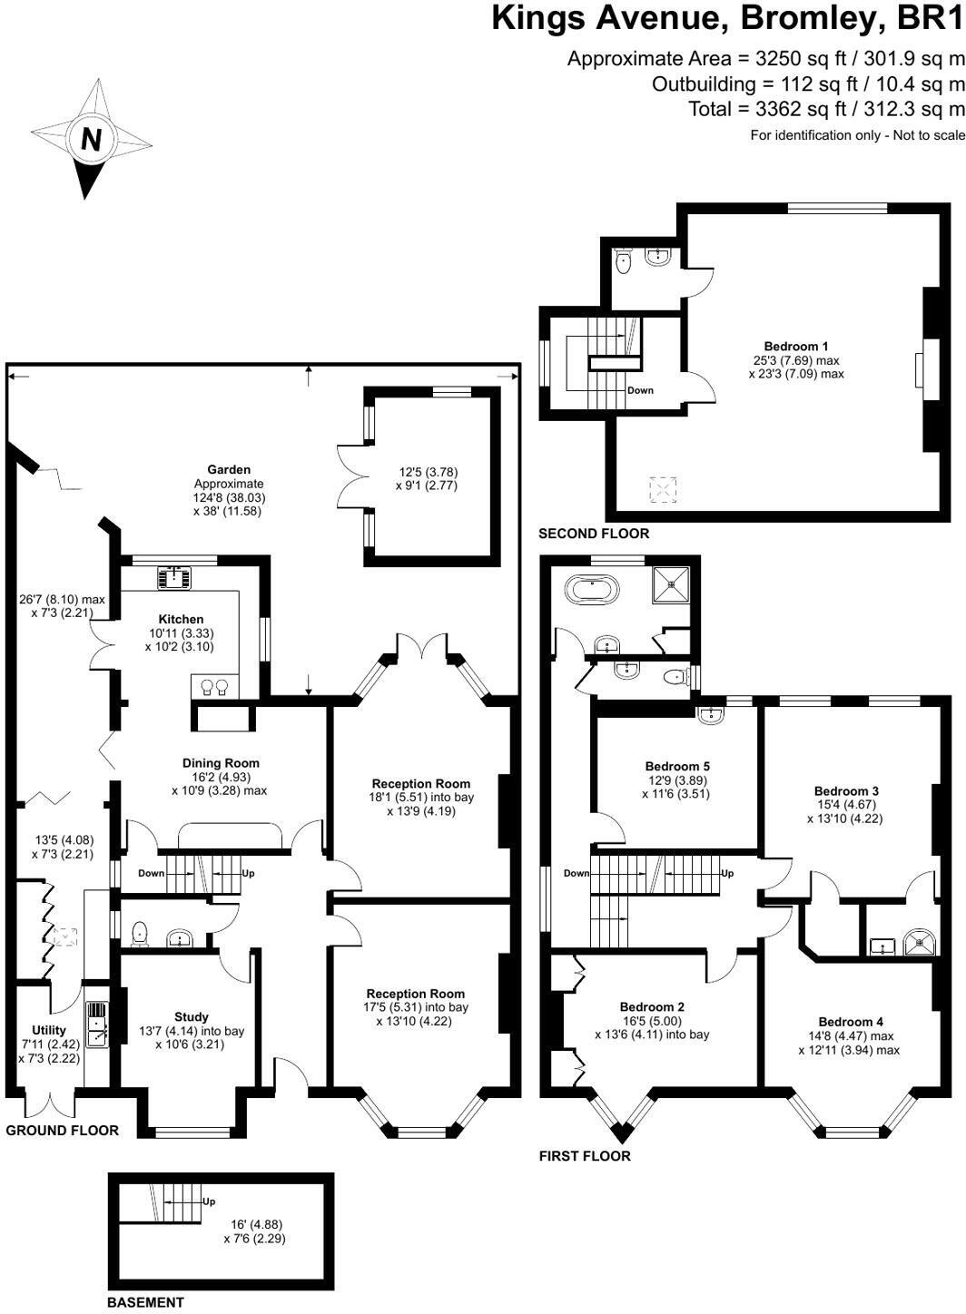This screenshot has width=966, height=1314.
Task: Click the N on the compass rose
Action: tap(91, 139)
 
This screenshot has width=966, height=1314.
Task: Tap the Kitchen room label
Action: tap(181, 619)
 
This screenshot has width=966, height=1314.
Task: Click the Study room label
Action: tap(191, 1016)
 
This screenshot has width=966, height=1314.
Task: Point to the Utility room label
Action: tap(48, 1030)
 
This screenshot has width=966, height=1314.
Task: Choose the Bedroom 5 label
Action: tap(677, 766)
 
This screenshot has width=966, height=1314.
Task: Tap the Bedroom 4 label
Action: tap(850, 1021)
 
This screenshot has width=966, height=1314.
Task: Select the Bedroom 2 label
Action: tap(652, 1006)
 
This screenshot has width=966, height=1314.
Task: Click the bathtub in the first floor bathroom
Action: tap(594, 591)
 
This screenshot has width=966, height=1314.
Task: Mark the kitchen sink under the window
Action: tap(172, 576)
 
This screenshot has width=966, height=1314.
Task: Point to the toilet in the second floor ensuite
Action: tap(623, 261)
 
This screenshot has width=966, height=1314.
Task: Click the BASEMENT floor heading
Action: tap(145, 1302)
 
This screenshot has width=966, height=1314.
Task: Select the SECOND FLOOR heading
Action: tap(594, 534)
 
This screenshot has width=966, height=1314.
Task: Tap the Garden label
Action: tap(229, 469)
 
